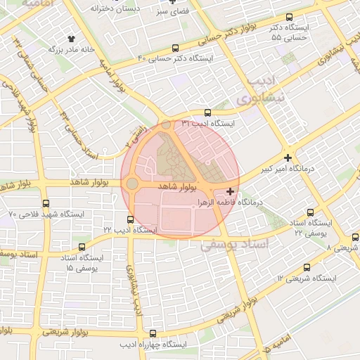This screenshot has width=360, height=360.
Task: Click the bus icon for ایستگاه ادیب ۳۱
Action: [x=207, y=112]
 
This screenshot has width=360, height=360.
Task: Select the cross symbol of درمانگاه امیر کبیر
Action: [x=288, y=157]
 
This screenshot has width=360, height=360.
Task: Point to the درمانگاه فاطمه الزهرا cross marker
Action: [x=231, y=191]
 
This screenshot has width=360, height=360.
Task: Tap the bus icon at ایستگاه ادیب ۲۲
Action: [x=129, y=219]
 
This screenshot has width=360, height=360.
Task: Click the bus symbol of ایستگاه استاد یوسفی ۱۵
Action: [x=83, y=247]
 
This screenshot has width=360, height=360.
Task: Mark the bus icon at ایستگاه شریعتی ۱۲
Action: [x=307, y=267]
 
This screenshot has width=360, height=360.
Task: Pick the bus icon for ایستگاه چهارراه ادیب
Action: [x=153, y=334]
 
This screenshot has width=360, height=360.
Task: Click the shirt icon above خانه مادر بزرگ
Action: [x=70, y=39]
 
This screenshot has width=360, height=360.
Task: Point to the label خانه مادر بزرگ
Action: [x=71, y=50]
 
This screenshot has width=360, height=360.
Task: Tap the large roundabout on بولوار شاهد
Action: [x=131, y=184]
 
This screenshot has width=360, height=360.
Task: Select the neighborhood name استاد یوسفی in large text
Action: [x=235, y=245]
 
